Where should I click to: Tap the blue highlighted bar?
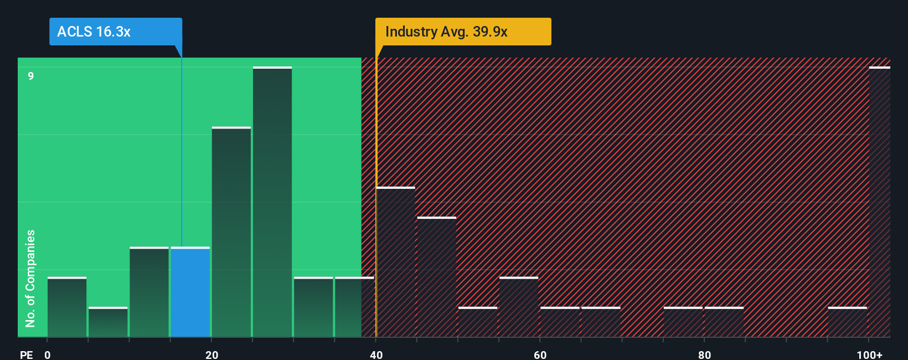190,292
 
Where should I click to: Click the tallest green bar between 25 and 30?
272,202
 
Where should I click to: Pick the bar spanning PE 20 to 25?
231,232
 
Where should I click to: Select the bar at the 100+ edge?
879,202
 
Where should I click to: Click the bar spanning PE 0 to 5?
67,307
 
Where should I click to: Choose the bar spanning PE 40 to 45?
395,262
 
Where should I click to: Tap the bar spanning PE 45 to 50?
437,277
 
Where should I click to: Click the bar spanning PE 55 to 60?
519,307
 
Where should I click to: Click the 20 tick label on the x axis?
211,354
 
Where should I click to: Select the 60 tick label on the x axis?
540,354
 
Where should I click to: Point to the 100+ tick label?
869,354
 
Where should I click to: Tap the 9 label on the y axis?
31,76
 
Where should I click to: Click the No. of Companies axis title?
30,278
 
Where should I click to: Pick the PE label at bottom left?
26,354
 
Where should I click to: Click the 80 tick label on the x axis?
704,354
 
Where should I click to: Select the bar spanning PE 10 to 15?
149,292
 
